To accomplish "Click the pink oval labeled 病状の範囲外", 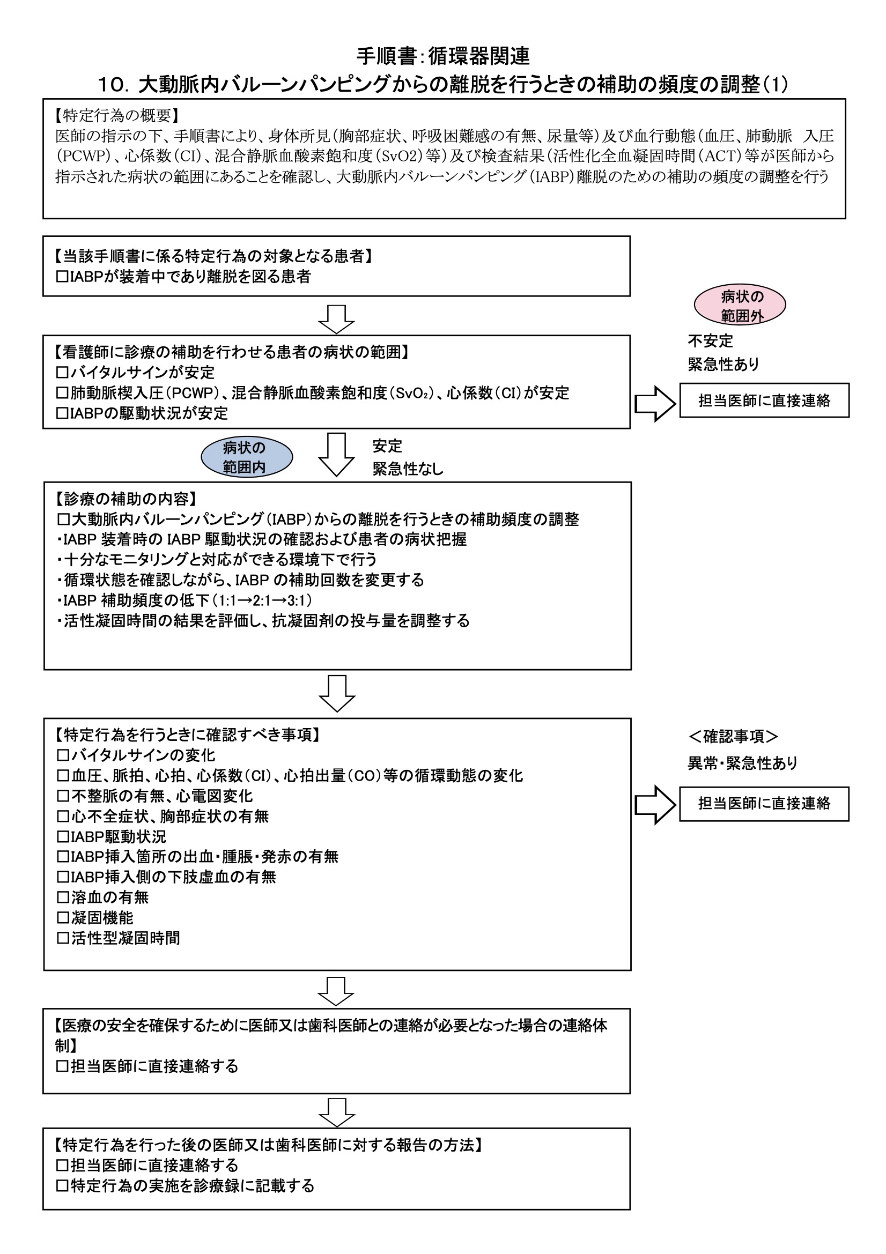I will coord(740,305).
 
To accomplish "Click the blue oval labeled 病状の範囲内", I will coord(247,457).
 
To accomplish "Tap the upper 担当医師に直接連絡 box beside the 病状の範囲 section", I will coord(764,400).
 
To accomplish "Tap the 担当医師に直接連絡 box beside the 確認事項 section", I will coord(764,804).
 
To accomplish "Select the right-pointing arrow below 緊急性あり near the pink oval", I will coord(655,404).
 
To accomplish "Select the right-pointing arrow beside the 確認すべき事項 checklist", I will coord(655,805).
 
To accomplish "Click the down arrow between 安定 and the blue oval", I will coord(336,455).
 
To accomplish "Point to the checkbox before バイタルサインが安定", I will coord(63,373).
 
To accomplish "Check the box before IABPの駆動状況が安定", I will coord(63,413).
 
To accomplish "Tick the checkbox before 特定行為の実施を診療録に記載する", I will coord(63,1186).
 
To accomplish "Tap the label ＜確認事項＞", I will coord(733,736).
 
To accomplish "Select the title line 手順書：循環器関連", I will coord(443,56).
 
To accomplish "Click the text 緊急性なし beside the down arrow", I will coord(408,469).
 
